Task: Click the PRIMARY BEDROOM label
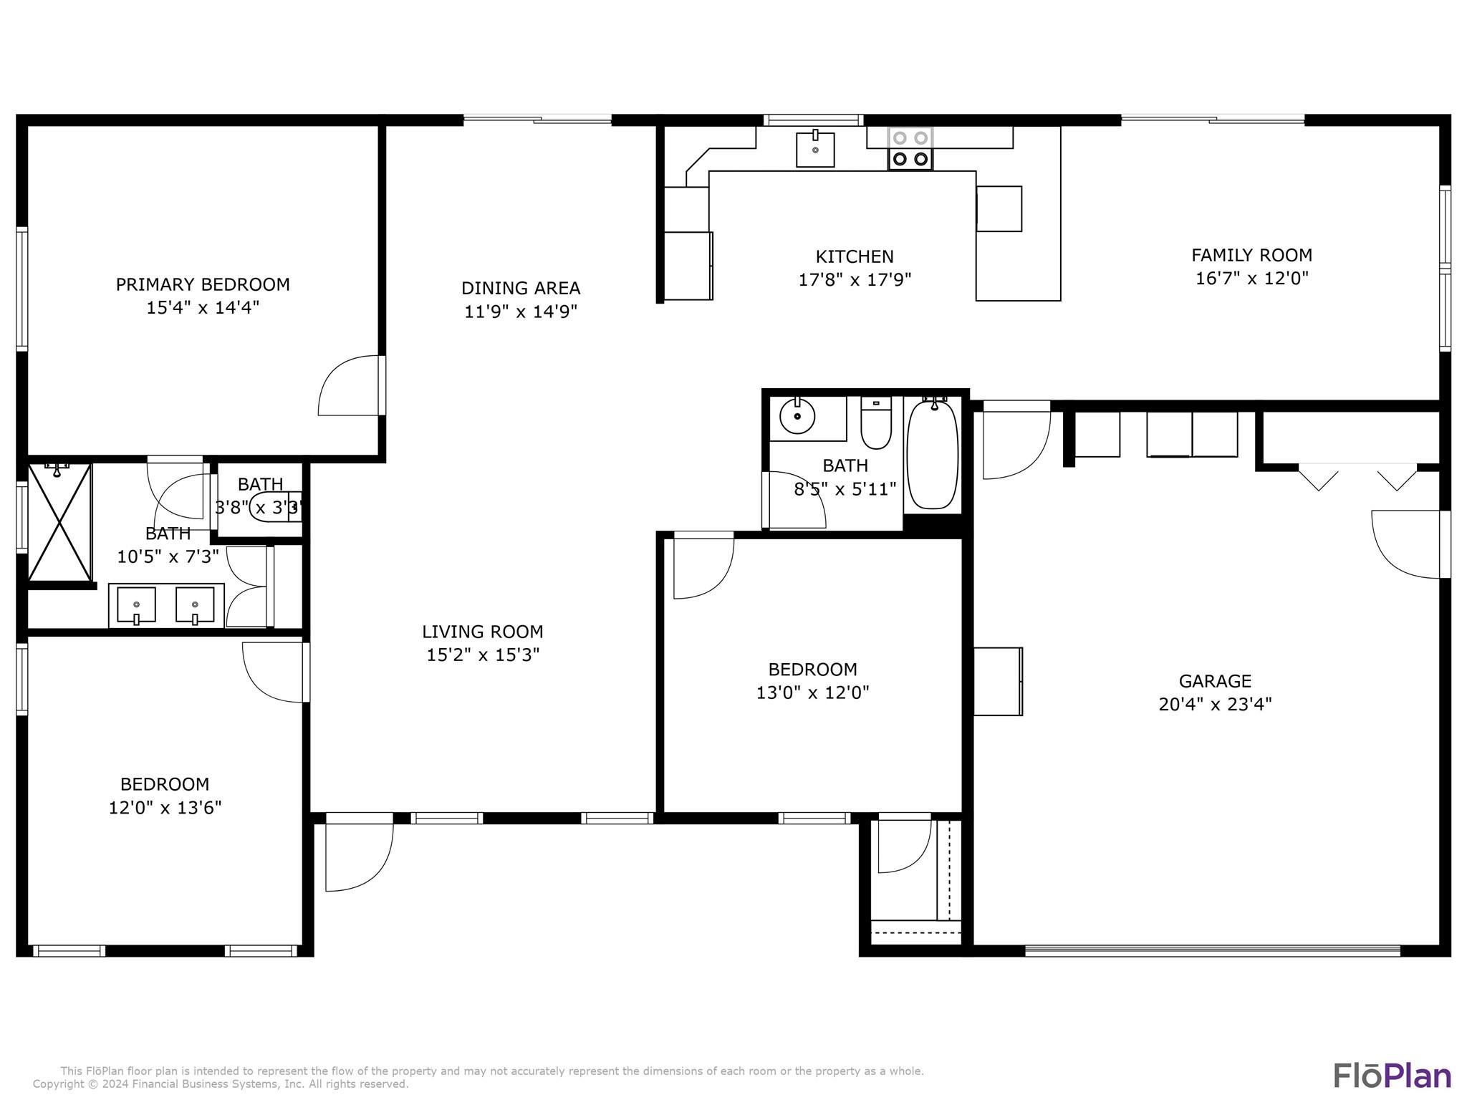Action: tap(203, 284)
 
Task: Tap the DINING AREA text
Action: tap(521, 288)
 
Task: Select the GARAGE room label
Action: tap(1215, 681)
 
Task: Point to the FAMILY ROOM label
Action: tap(1251, 255)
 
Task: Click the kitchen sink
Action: tap(815, 149)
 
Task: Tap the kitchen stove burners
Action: tap(910, 148)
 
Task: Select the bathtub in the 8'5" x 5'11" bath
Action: tap(933, 454)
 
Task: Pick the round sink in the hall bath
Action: tap(797, 416)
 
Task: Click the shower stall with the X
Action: tap(59, 522)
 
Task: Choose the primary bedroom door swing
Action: tap(349, 385)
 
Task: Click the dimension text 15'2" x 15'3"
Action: tap(483, 655)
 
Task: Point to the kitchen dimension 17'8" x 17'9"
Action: tap(855, 279)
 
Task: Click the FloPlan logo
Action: tap(1393, 1076)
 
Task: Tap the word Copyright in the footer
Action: tap(57, 1084)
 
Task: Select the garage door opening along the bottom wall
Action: tap(1213, 951)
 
